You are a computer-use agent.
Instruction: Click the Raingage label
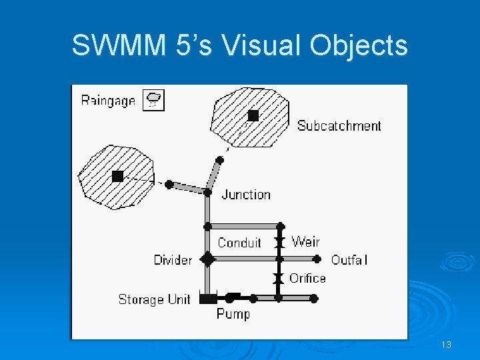(x=108, y=101)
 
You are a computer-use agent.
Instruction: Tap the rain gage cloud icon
(x=154, y=100)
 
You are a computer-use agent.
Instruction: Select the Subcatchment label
(x=339, y=125)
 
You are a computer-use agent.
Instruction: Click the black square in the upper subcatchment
(x=253, y=115)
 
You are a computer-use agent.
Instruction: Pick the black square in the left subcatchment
(x=118, y=176)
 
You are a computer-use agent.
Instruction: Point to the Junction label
(x=246, y=195)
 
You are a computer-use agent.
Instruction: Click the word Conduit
(x=239, y=243)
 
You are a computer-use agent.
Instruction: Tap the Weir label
(x=305, y=241)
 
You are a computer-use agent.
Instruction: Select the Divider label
(x=173, y=260)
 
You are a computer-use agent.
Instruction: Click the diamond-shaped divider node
(x=208, y=259)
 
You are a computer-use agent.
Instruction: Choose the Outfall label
(x=349, y=260)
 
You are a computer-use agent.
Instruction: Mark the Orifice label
(x=307, y=278)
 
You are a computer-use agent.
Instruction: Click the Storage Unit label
(x=155, y=299)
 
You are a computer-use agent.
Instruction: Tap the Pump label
(x=233, y=313)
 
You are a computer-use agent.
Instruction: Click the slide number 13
(x=446, y=345)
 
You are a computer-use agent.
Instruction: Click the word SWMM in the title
(x=110, y=45)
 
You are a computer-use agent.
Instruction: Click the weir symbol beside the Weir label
(x=281, y=243)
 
